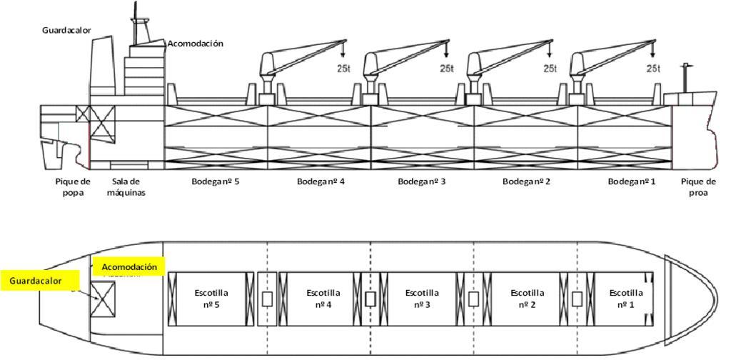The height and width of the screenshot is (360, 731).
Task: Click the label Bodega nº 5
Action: point(216,181)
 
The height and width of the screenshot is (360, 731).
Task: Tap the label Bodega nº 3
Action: point(422,181)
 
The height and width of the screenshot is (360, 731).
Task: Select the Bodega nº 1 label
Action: point(632,181)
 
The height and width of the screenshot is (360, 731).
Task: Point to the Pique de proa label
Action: point(697,186)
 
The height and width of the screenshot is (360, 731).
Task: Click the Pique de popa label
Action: point(73,186)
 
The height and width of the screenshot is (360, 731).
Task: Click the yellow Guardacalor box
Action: point(41,281)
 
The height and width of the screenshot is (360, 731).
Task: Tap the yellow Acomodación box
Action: point(129,267)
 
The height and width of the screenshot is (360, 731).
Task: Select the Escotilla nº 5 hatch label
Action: point(212,298)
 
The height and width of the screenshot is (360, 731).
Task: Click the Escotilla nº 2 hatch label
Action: point(528,298)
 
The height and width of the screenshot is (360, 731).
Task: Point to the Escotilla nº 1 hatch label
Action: point(627,298)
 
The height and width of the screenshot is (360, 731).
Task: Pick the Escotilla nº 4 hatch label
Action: point(323,298)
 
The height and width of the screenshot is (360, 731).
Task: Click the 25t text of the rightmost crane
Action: point(653,69)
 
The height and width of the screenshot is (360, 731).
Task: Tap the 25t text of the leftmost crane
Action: point(343,69)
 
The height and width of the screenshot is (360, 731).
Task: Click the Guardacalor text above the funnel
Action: point(66,31)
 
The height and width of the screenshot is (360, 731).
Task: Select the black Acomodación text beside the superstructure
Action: point(195,44)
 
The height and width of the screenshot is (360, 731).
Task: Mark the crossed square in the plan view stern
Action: point(103,299)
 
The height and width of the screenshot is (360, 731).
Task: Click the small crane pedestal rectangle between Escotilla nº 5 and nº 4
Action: point(266,299)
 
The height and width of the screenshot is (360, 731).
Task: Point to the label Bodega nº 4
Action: point(321,181)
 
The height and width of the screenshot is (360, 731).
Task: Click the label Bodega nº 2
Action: point(527,181)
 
